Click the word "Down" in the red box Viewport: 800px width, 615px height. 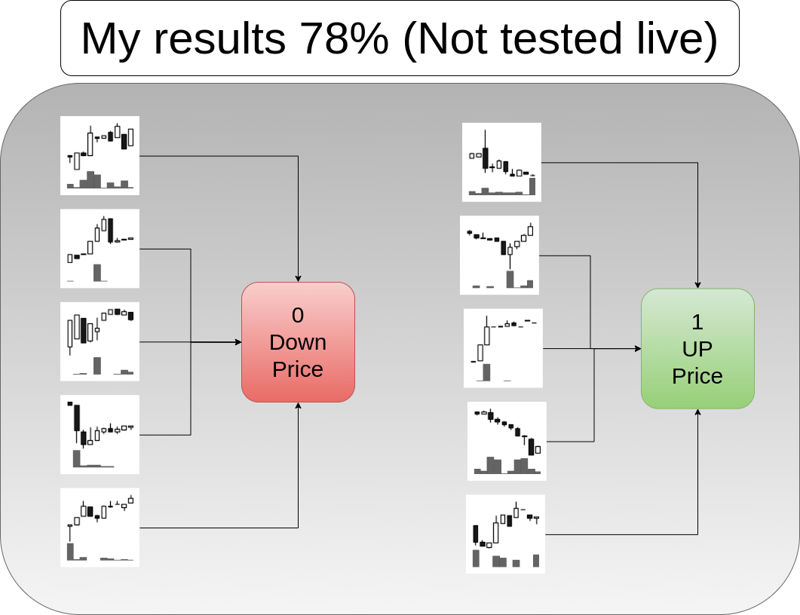[x=298, y=342]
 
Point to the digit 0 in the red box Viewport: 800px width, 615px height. [x=298, y=315]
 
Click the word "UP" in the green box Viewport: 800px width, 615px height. [x=697, y=349]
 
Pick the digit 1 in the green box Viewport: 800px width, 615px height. [x=697, y=322]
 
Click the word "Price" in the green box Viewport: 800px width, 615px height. [x=697, y=376]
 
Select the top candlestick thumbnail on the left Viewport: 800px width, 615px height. [x=100, y=155]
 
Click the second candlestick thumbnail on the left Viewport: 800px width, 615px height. [x=100, y=248]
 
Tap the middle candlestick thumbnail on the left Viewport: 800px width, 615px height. [x=100, y=341]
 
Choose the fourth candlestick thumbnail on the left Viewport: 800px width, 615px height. [x=100, y=435]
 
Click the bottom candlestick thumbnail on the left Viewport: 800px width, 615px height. [x=100, y=528]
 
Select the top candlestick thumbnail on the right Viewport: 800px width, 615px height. [x=501, y=162]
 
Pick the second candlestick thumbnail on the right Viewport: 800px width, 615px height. [x=500, y=255]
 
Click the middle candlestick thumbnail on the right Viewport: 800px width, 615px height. [x=503, y=348]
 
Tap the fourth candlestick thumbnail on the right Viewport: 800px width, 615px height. [x=507, y=441]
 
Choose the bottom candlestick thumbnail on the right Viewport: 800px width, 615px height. [x=505, y=534]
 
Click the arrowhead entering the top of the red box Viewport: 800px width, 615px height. [x=299, y=278]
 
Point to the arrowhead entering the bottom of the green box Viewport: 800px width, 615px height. [x=697, y=413]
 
